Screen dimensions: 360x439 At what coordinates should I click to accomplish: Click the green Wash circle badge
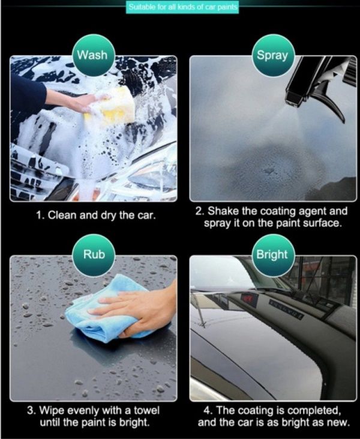click(x=93, y=55)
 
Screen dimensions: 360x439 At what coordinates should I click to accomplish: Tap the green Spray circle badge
click(x=273, y=55)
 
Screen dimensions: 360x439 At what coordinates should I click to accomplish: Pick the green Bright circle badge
click(x=273, y=255)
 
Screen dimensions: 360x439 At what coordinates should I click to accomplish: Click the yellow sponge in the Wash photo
click(x=112, y=107)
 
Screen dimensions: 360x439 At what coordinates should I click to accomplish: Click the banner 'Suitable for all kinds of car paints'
click(x=182, y=7)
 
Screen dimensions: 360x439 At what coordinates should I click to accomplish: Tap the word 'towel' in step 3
click(x=146, y=410)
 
